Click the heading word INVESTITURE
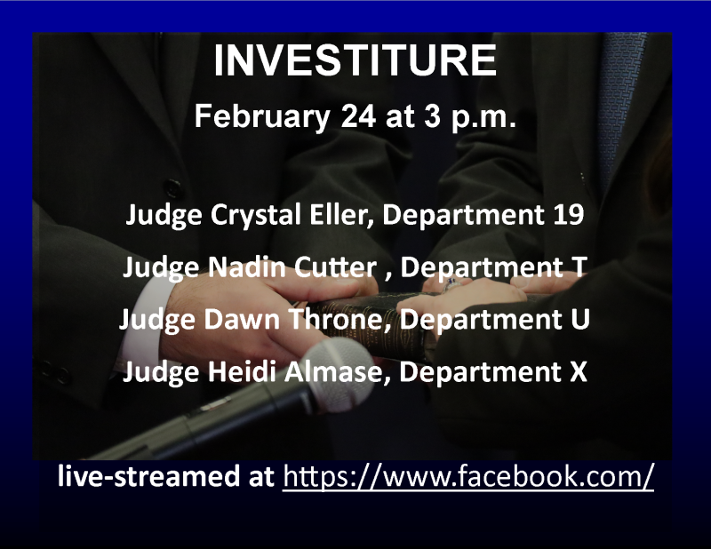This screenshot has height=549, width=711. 355,60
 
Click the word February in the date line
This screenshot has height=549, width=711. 262,117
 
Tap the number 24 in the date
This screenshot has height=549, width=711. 358,116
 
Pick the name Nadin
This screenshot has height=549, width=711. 247,267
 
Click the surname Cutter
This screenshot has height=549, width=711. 336,267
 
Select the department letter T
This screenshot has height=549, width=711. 579,267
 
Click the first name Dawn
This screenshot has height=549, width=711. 242,319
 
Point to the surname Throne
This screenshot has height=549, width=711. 340,319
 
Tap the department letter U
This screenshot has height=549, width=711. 580,319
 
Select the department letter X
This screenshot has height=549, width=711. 579,371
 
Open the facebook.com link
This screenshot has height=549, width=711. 468,476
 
